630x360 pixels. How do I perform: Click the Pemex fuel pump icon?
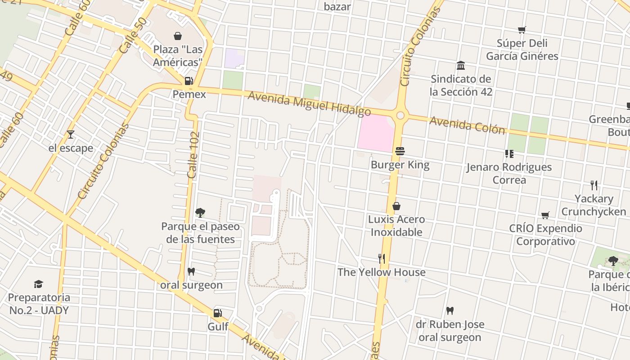[x=189, y=81]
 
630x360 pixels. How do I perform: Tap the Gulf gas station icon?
[x=218, y=313]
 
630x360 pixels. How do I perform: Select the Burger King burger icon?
[x=400, y=151]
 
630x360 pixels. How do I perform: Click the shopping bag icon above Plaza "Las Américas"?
[x=178, y=36]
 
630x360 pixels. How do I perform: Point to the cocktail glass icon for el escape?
[x=71, y=134]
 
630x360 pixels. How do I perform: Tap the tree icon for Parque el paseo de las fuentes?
[x=200, y=212]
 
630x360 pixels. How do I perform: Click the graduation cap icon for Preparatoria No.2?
[x=39, y=284]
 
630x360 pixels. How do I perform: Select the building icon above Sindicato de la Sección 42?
[x=461, y=66]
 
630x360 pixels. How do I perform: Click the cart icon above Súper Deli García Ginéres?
[x=522, y=30]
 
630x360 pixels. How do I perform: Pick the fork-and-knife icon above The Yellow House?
[x=382, y=258]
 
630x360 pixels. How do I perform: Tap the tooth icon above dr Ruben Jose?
[x=450, y=310]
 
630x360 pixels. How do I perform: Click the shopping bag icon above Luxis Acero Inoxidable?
[x=396, y=206]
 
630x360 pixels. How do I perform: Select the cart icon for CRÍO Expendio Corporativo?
[x=545, y=215]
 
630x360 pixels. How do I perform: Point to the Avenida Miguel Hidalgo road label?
[x=309, y=103]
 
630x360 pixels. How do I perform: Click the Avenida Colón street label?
[x=467, y=125]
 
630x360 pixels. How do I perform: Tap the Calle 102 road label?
[x=193, y=155]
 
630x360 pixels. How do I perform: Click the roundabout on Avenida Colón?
[x=400, y=116]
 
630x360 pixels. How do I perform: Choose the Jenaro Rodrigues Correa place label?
[x=509, y=173]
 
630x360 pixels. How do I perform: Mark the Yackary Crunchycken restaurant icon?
[x=594, y=185]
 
